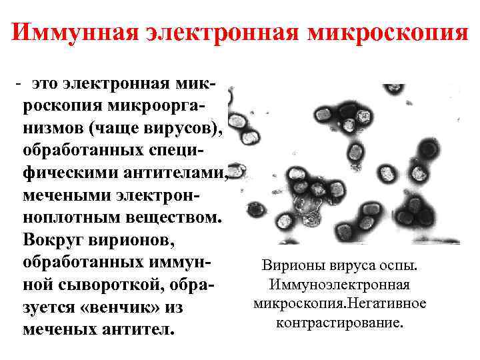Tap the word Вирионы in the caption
point(290,266)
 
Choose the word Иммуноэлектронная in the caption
point(340,285)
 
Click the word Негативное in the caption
point(389,303)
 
